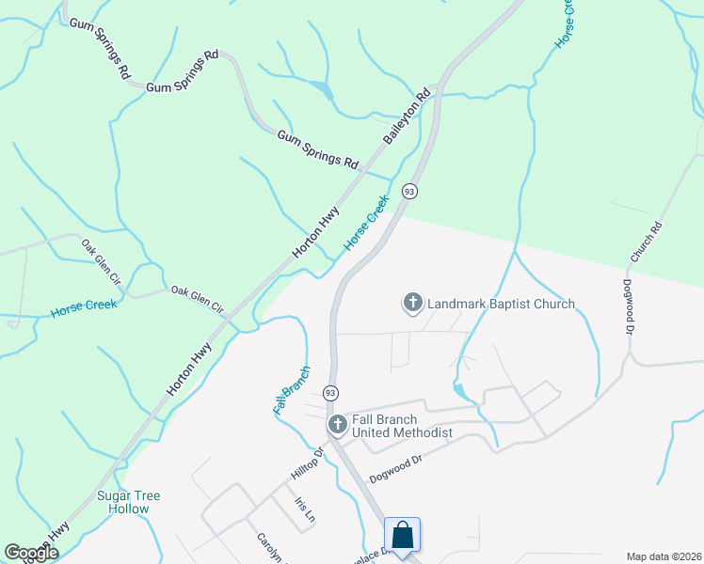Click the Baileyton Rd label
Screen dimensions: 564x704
pyautogui.click(x=408, y=116)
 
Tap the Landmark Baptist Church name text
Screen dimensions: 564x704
pyautogui.click(x=501, y=304)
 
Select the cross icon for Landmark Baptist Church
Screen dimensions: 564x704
pyautogui.click(x=412, y=303)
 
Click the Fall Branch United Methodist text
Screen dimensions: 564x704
pyautogui.click(x=402, y=426)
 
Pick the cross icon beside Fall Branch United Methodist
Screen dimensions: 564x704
pyautogui.click(x=336, y=425)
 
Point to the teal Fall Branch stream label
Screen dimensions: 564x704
pyautogui.click(x=291, y=389)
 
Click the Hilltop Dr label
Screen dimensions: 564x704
pyautogui.click(x=306, y=466)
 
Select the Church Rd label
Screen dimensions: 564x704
pyautogui.click(x=648, y=242)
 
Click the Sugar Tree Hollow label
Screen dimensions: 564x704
pyautogui.click(x=129, y=502)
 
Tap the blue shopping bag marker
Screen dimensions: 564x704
pyautogui.click(x=402, y=537)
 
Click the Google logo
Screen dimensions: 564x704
pyautogui.click(x=31, y=553)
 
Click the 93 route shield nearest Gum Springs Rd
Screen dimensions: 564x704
pyautogui.click(x=408, y=191)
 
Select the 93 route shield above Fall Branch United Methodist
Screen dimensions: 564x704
pyautogui.click(x=330, y=391)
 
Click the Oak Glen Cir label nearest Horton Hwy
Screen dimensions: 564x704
pyautogui.click(x=198, y=300)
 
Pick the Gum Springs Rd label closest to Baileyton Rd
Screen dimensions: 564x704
pyautogui.click(x=318, y=149)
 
